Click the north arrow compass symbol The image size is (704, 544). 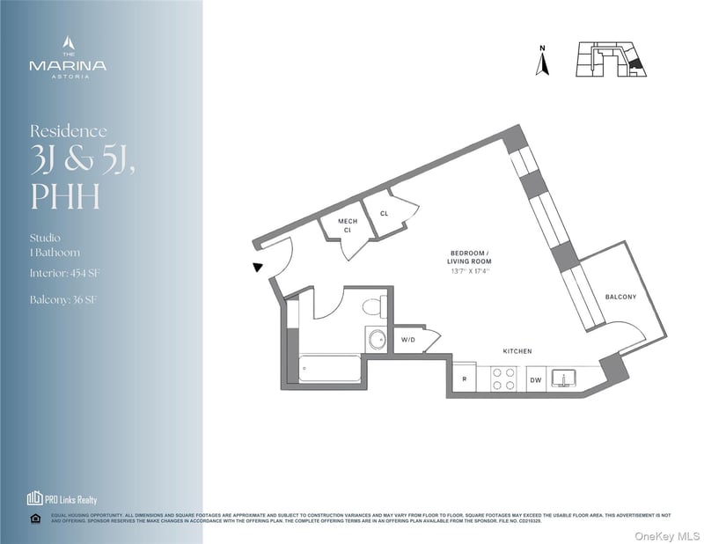point(543,61)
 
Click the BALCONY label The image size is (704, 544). point(620,297)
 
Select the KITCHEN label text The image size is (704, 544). point(517,351)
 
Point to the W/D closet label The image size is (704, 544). point(408,339)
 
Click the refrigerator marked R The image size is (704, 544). point(464,379)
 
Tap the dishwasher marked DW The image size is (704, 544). point(535,380)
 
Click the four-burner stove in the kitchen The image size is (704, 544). point(502,379)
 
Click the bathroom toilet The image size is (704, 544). point(373,307)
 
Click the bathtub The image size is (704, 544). point(330,368)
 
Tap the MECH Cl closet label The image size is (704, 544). point(346,226)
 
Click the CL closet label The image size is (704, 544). point(385,214)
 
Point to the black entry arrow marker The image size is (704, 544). point(257,267)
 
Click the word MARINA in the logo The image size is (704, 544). point(68,65)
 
